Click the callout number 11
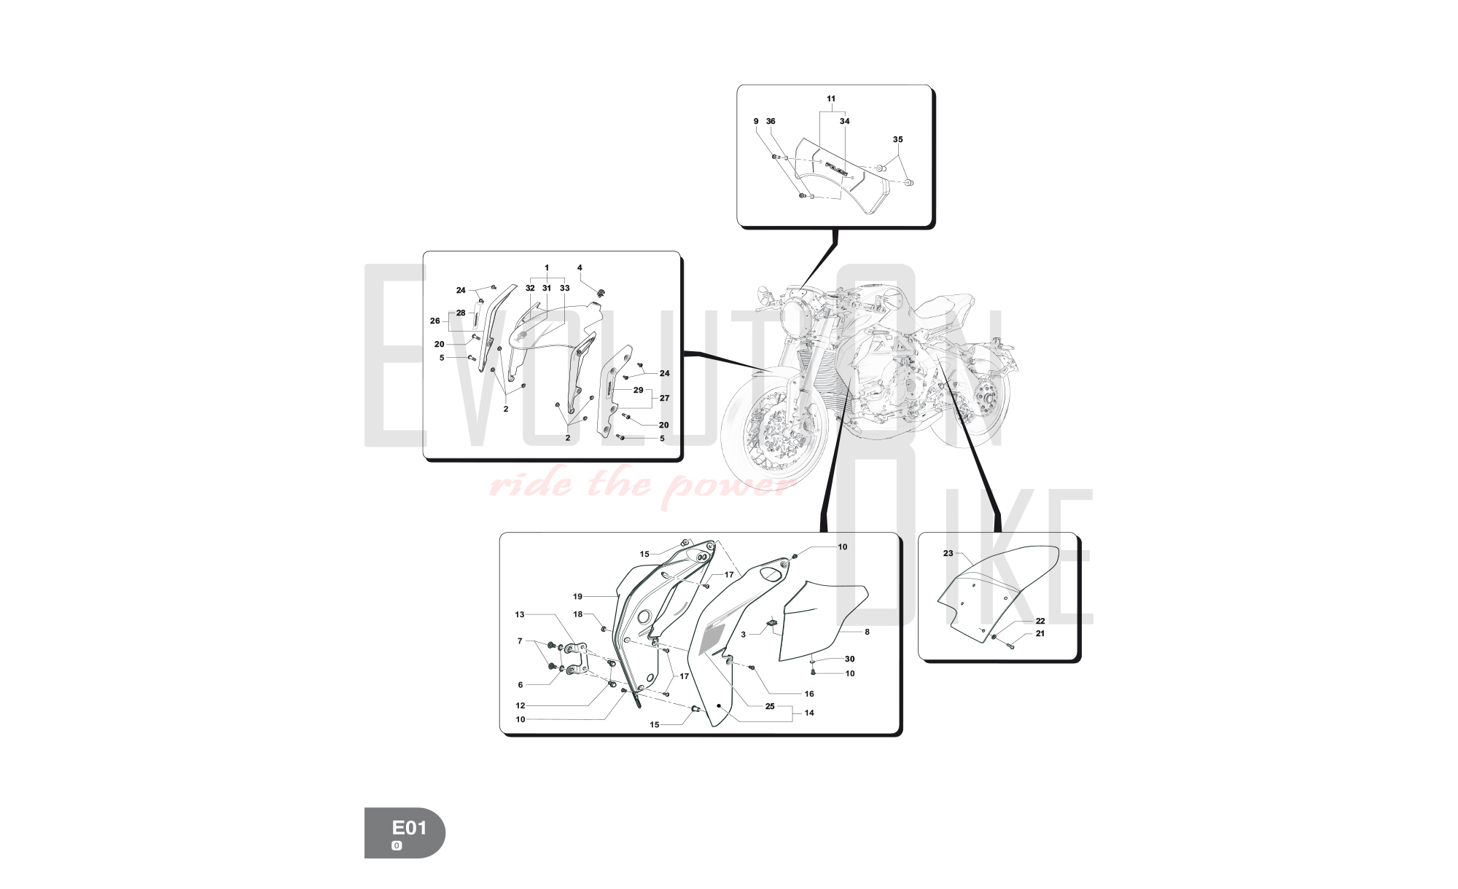(x=831, y=98)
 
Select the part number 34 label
(x=844, y=121)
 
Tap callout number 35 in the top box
(x=897, y=139)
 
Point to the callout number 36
(x=771, y=122)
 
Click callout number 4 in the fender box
(x=580, y=267)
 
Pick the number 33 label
(x=564, y=288)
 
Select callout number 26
(x=435, y=321)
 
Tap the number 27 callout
(x=664, y=398)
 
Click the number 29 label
(x=638, y=390)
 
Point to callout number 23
(x=948, y=553)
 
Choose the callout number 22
(x=1040, y=621)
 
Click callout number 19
(x=577, y=597)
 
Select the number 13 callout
(x=520, y=614)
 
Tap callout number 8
(x=867, y=632)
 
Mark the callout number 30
(x=849, y=659)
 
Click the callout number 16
(x=809, y=694)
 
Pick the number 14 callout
(x=809, y=713)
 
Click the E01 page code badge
(x=405, y=832)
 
